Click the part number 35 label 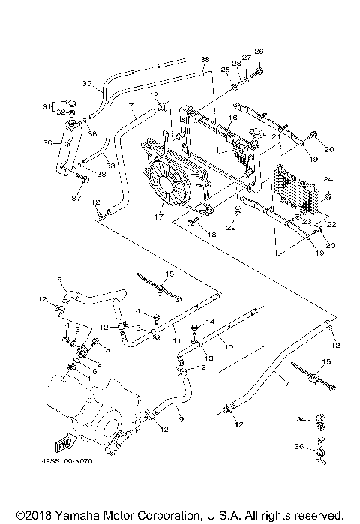tap(85, 85)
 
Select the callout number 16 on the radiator tap(233, 118)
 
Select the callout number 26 tap(260, 51)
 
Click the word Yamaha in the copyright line tap(82, 515)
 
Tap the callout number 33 tap(109, 166)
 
